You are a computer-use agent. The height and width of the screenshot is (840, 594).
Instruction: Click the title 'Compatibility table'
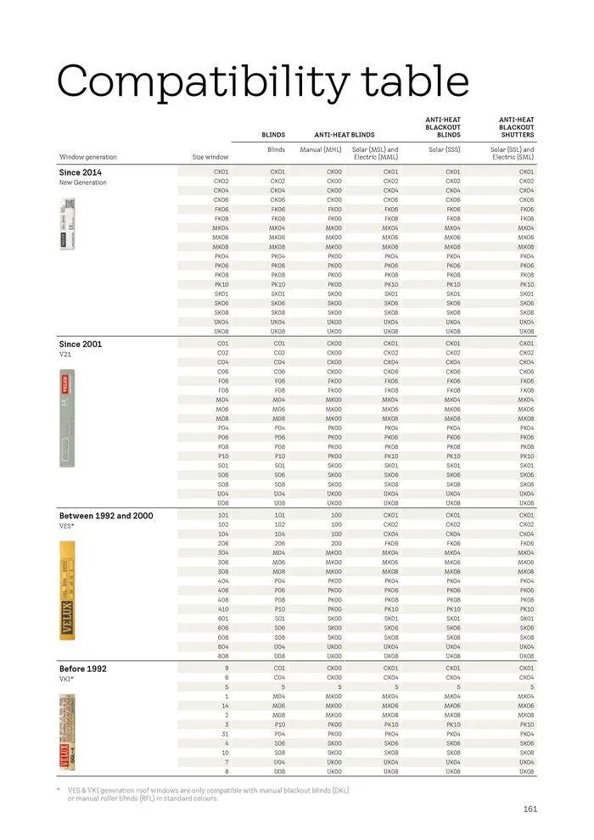262,82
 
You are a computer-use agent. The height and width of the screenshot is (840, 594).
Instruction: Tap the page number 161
530,809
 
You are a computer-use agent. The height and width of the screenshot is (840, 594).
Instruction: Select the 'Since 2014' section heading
80,172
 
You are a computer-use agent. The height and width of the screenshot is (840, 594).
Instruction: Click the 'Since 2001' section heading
81,344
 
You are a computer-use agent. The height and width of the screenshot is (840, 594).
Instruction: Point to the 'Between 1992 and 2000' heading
105,516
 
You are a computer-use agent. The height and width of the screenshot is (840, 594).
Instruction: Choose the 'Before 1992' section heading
82,669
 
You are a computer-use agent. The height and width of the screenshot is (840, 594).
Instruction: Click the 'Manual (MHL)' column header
321,149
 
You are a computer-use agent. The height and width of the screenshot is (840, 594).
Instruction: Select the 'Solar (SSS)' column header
445,149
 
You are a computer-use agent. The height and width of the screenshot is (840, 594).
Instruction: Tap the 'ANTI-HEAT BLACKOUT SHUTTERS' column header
516,127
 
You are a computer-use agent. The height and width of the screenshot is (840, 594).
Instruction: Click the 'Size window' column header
210,157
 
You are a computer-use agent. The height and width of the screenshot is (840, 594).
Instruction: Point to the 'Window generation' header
88,157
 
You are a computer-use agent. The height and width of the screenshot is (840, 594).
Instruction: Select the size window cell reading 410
222,608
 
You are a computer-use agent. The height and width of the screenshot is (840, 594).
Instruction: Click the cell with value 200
335,543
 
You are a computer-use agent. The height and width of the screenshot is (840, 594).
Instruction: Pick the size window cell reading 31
225,734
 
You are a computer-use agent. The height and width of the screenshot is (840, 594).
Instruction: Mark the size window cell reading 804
222,647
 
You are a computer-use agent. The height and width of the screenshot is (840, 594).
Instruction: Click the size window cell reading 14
225,705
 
